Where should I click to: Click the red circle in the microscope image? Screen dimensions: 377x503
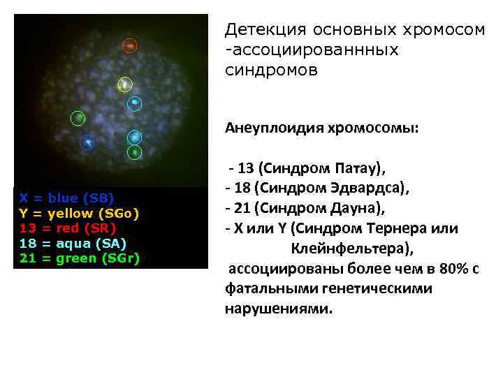(129, 46)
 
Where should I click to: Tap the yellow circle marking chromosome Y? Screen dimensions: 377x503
(124, 84)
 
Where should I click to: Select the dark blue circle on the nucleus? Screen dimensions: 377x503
(87, 142)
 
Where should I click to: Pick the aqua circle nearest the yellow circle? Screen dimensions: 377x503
(135, 104)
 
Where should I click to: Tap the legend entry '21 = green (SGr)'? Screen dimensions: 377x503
(79, 258)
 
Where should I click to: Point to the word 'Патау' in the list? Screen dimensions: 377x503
(358, 168)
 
